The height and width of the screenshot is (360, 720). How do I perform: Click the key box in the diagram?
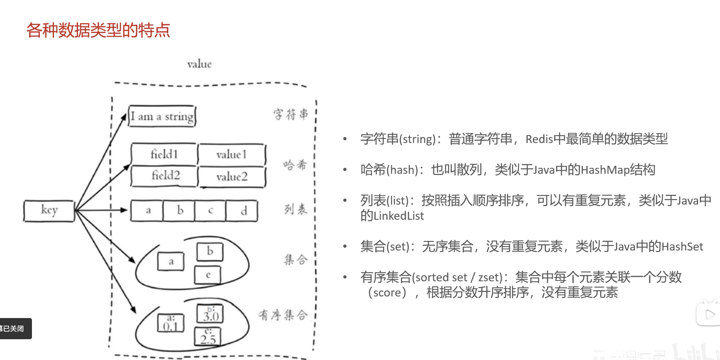49,211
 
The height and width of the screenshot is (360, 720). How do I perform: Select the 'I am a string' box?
162,116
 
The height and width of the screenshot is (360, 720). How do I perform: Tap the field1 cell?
164,154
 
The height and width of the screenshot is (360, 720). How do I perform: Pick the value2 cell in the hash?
232,177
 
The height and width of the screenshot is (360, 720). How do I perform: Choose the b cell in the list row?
180,211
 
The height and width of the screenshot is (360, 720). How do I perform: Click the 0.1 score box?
171,323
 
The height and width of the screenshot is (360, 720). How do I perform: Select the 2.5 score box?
207,336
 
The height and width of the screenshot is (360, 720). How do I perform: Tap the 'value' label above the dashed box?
199,64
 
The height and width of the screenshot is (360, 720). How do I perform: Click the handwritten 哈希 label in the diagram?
295,165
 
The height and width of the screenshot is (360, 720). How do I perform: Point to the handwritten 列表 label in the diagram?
296,209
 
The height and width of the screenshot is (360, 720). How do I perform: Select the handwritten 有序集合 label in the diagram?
283,315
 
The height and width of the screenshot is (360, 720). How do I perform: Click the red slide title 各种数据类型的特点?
98,30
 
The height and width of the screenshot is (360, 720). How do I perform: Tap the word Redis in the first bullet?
539,139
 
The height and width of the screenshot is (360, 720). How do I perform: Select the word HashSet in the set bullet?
682,247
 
